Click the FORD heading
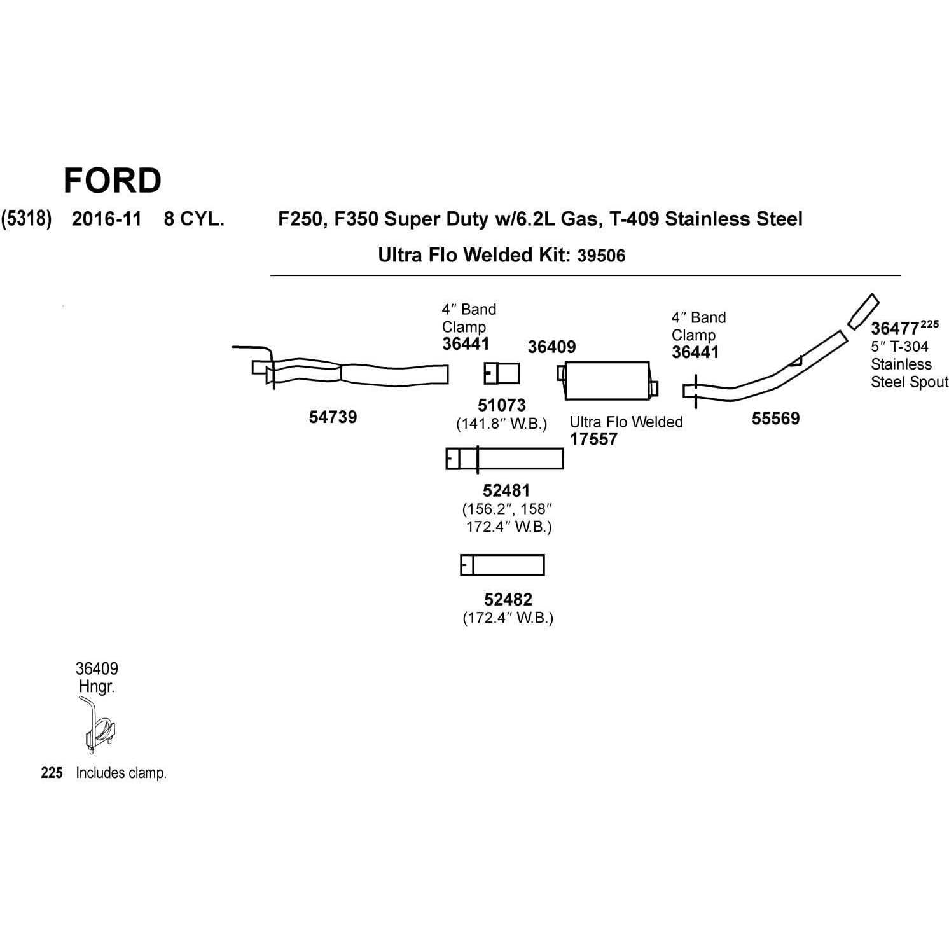113,181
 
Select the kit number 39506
601,256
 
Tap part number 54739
333,417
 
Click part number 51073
502,405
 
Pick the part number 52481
506,490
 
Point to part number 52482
508,599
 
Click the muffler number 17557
593,439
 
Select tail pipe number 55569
775,419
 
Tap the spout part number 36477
894,329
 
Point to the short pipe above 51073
502,373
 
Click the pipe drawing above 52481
504,459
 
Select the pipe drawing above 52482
502,565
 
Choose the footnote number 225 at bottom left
52,773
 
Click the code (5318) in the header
26,219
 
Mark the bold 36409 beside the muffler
551,347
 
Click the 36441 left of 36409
466,344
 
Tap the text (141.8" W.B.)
501,424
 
